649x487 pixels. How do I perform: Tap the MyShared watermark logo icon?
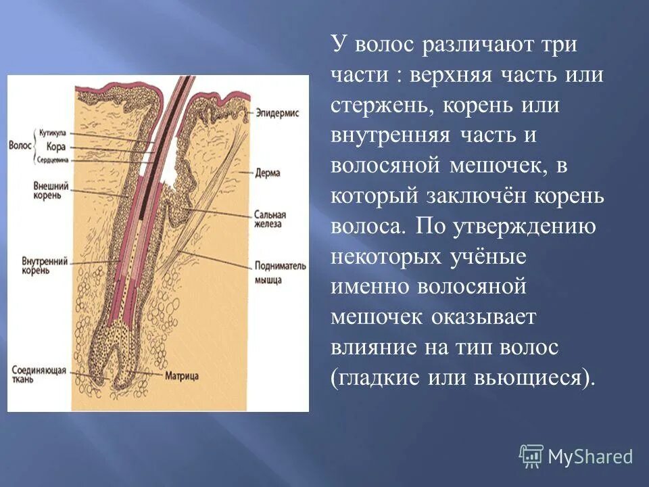[x=531, y=457]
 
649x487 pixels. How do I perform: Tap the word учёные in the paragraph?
[x=488, y=256]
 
